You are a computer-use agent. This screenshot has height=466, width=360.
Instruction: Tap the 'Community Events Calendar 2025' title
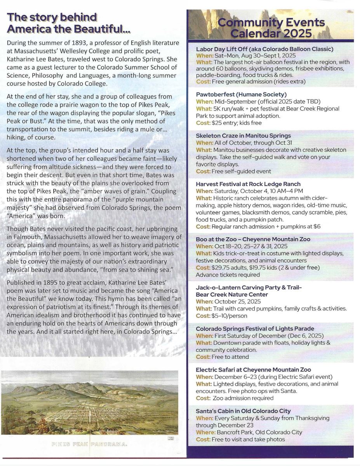(x=271, y=28)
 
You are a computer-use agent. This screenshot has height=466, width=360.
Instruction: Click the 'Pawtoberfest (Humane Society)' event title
(x=241, y=94)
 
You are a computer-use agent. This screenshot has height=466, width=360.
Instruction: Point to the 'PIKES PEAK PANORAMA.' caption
(x=89, y=444)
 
